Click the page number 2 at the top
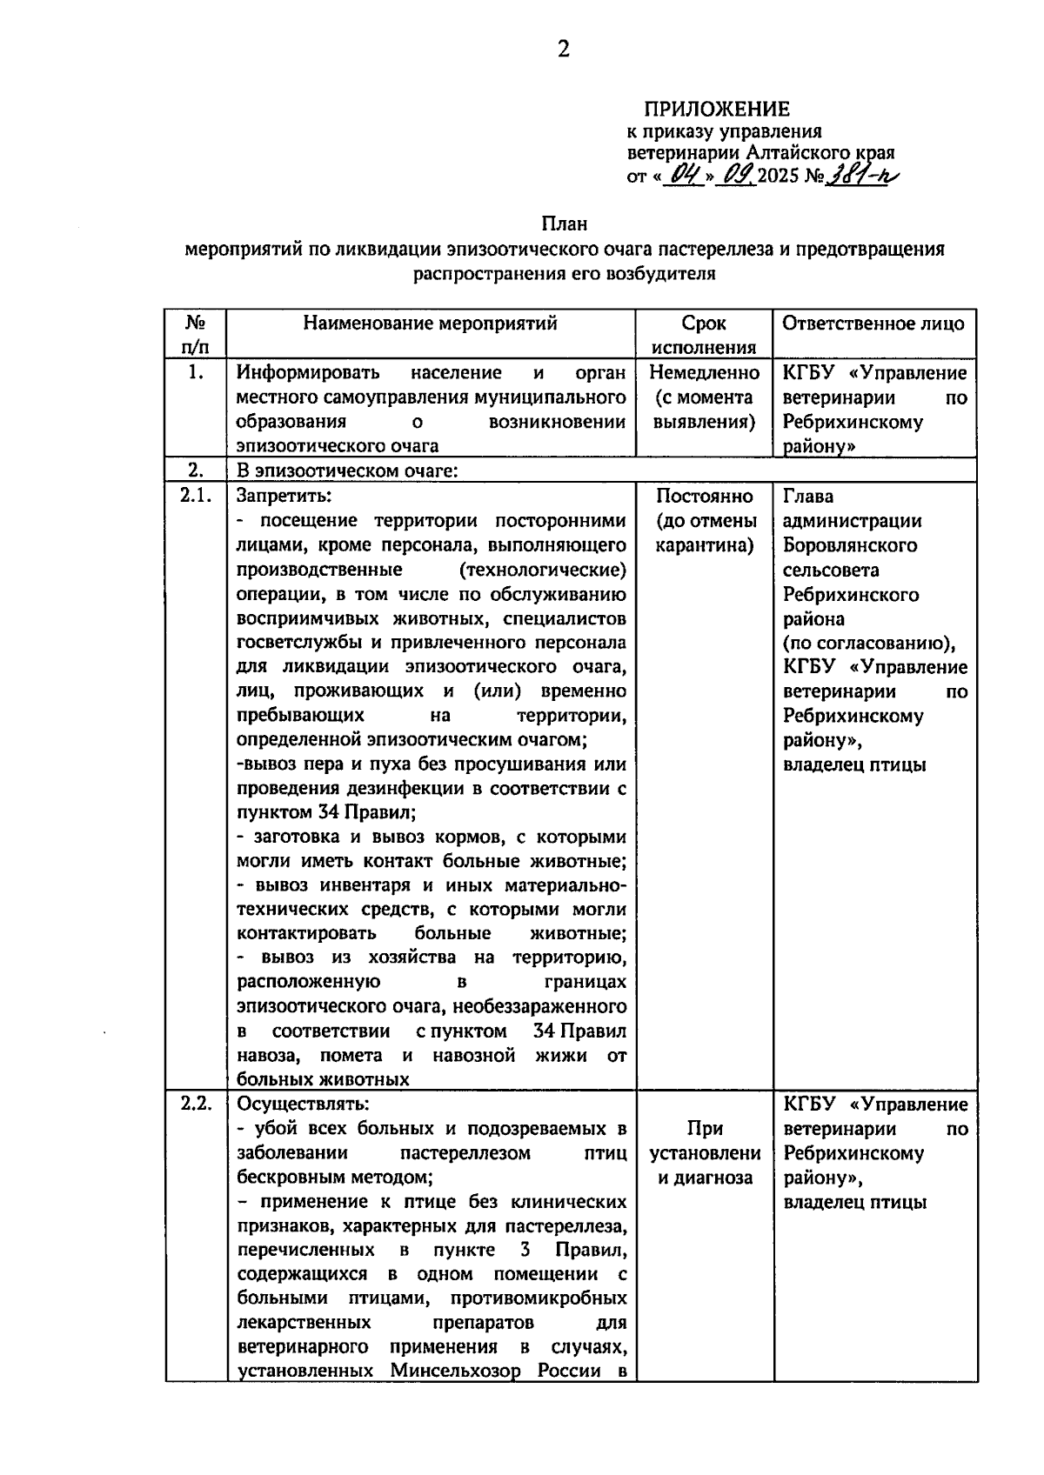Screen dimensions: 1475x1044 [564, 50]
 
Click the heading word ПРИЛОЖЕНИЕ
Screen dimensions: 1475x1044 [716, 109]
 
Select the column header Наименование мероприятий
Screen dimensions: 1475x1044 [430, 324]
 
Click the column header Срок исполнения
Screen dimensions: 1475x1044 [704, 335]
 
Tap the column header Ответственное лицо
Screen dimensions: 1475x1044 [873, 324]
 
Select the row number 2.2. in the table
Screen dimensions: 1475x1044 [196, 1104]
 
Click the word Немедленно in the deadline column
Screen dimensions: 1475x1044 [704, 373]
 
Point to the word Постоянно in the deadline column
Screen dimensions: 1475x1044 [704, 496]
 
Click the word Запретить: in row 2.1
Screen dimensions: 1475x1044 [284, 496]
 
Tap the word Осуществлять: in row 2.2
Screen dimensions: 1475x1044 [302, 1104]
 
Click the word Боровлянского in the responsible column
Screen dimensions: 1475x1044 [849, 545]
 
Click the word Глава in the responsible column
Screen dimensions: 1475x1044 [808, 496]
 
